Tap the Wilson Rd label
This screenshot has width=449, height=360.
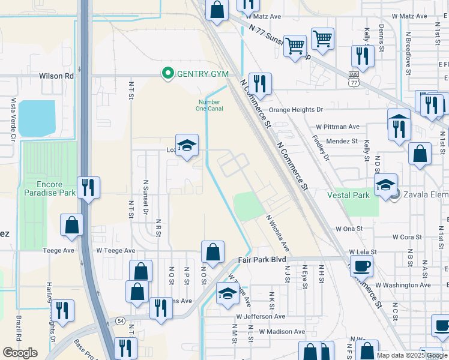(x=56, y=76)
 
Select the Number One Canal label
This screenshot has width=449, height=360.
(x=210, y=105)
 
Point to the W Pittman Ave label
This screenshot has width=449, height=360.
(x=337, y=127)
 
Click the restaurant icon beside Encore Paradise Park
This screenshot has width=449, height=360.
(x=88, y=187)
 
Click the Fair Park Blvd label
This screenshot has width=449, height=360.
(x=257, y=260)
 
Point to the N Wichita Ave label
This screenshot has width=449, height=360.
(x=278, y=234)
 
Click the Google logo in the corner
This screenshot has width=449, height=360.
(x=20, y=352)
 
